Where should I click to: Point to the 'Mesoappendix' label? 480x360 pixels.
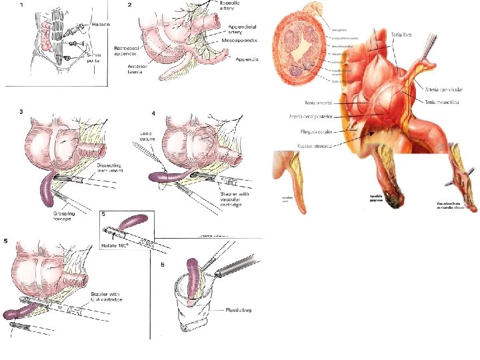point(242,42)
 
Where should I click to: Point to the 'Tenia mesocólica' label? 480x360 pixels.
point(441,102)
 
